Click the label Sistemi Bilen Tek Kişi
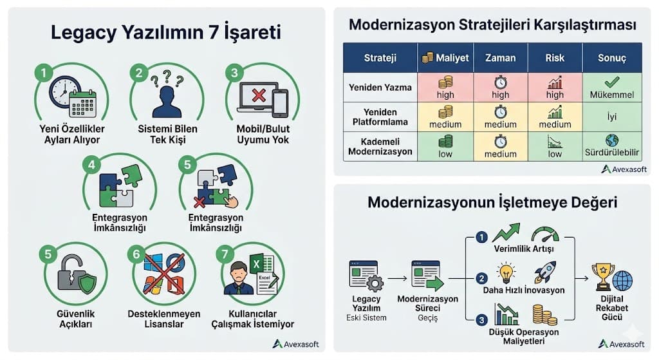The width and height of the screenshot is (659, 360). [x=167, y=134]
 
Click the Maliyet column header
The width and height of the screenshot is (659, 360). [x=445, y=58]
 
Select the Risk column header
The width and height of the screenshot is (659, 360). [x=554, y=58]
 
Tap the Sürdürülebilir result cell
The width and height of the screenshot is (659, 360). [x=611, y=147]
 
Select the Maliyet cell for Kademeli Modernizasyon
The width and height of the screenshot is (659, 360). [x=445, y=147]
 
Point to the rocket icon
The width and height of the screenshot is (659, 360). [x=544, y=272]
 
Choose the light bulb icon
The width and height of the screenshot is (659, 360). [x=506, y=272]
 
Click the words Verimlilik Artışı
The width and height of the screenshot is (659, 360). [x=523, y=249]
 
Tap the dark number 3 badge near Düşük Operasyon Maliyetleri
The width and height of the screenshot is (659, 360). [x=481, y=320]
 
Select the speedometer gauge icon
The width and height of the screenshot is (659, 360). [x=545, y=232]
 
